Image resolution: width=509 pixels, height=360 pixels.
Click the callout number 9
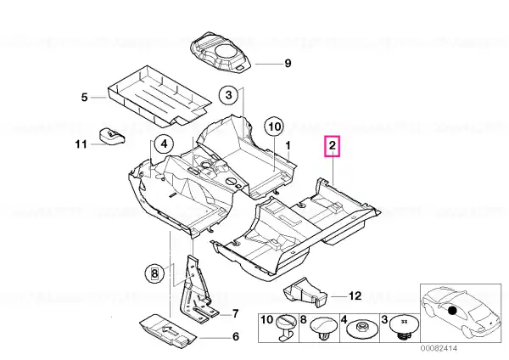pos(288,63)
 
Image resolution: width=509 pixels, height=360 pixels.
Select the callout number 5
pos(84,97)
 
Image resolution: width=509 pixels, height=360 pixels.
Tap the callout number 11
pos(81,144)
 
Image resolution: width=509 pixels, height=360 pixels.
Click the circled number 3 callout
pos(229,95)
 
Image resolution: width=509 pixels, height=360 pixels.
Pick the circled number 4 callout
pos(165,143)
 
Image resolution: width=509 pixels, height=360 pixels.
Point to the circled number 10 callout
pos(274,127)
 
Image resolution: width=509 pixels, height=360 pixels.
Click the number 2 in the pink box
pos(333,146)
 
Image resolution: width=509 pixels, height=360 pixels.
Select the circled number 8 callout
pos(154,273)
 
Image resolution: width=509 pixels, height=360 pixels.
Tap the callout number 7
pos(235,314)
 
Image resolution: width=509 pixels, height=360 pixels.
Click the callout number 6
pos(235,336)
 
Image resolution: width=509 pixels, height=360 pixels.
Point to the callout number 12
pos(355,296)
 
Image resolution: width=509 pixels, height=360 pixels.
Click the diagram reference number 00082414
pos(439,348)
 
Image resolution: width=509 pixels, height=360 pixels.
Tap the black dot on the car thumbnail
pos(452,311)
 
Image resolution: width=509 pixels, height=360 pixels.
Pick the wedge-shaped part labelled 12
pos(305,292)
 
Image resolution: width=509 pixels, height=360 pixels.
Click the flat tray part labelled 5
pos(159,95)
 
